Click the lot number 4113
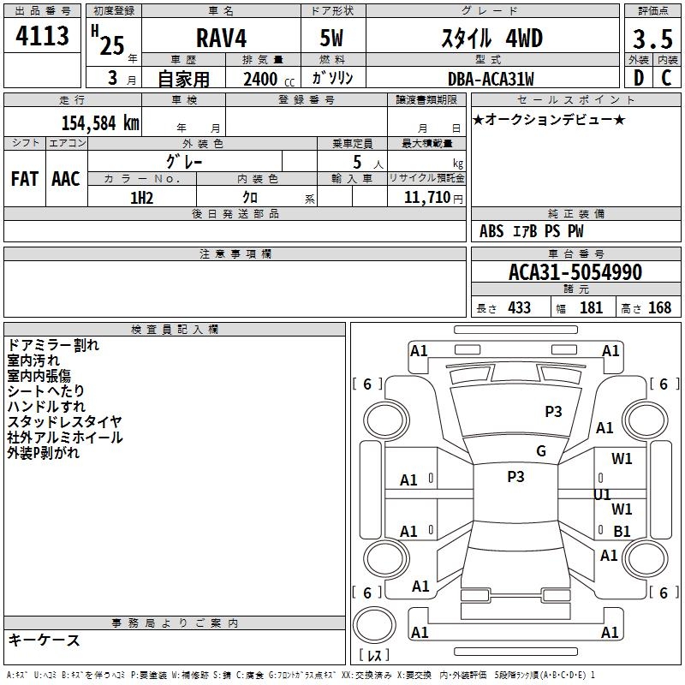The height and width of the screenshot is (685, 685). [x=42, y=36]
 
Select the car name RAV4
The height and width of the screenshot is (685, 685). [x=221, y=38]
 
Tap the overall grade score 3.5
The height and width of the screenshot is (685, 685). [x=652, y=39]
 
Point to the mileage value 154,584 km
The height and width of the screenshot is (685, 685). [x=100, y=123]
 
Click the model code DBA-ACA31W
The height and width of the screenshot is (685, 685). [x=491, y=79]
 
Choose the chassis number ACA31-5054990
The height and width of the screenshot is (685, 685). [x=575, y=272]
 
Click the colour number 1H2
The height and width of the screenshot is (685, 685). [x=141, y=198]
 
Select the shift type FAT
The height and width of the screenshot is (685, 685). [x=25, y=179]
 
